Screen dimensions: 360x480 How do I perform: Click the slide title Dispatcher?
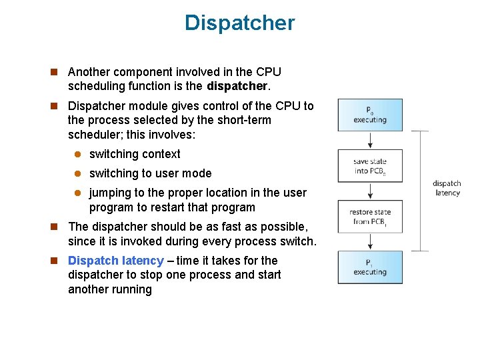coord(239,23)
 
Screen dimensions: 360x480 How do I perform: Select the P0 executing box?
coord(369,115)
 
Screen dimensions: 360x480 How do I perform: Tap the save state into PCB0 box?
coord(369,166)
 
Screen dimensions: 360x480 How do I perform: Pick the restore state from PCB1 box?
coord(369,217)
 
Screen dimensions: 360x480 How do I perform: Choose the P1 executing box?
coord(369,267)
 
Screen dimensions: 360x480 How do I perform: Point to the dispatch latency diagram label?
coord(447,188)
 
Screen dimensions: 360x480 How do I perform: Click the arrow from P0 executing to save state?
coord(369,140)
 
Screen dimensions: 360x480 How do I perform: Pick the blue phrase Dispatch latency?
coord(116,261)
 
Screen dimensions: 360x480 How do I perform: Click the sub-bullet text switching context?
coord(135,154)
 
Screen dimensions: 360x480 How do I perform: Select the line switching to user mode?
coord(150,173)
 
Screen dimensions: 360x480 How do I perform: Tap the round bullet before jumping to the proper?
coord(77,193)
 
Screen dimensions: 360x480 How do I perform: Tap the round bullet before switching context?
coord(77,155)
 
